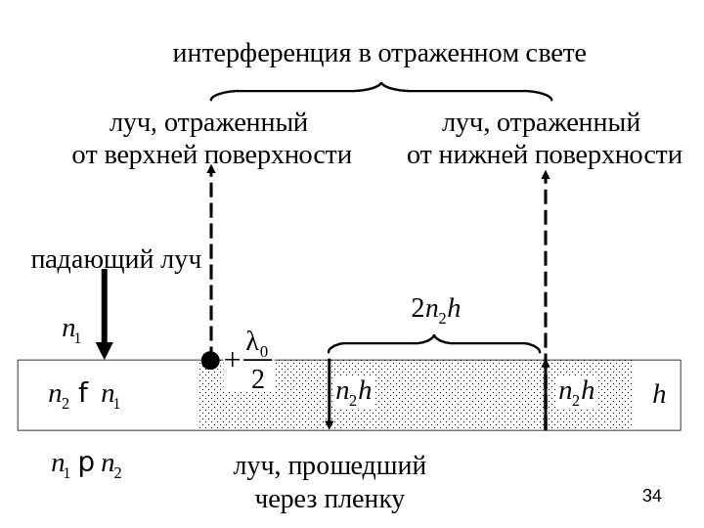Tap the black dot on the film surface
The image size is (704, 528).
(x=209, y=360)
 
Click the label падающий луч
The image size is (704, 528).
(x=115, y=260)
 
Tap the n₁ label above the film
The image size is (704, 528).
(x=71, y=330)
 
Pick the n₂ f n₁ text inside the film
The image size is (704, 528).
(x=86, y=394)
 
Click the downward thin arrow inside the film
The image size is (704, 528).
(x=330, y=395)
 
